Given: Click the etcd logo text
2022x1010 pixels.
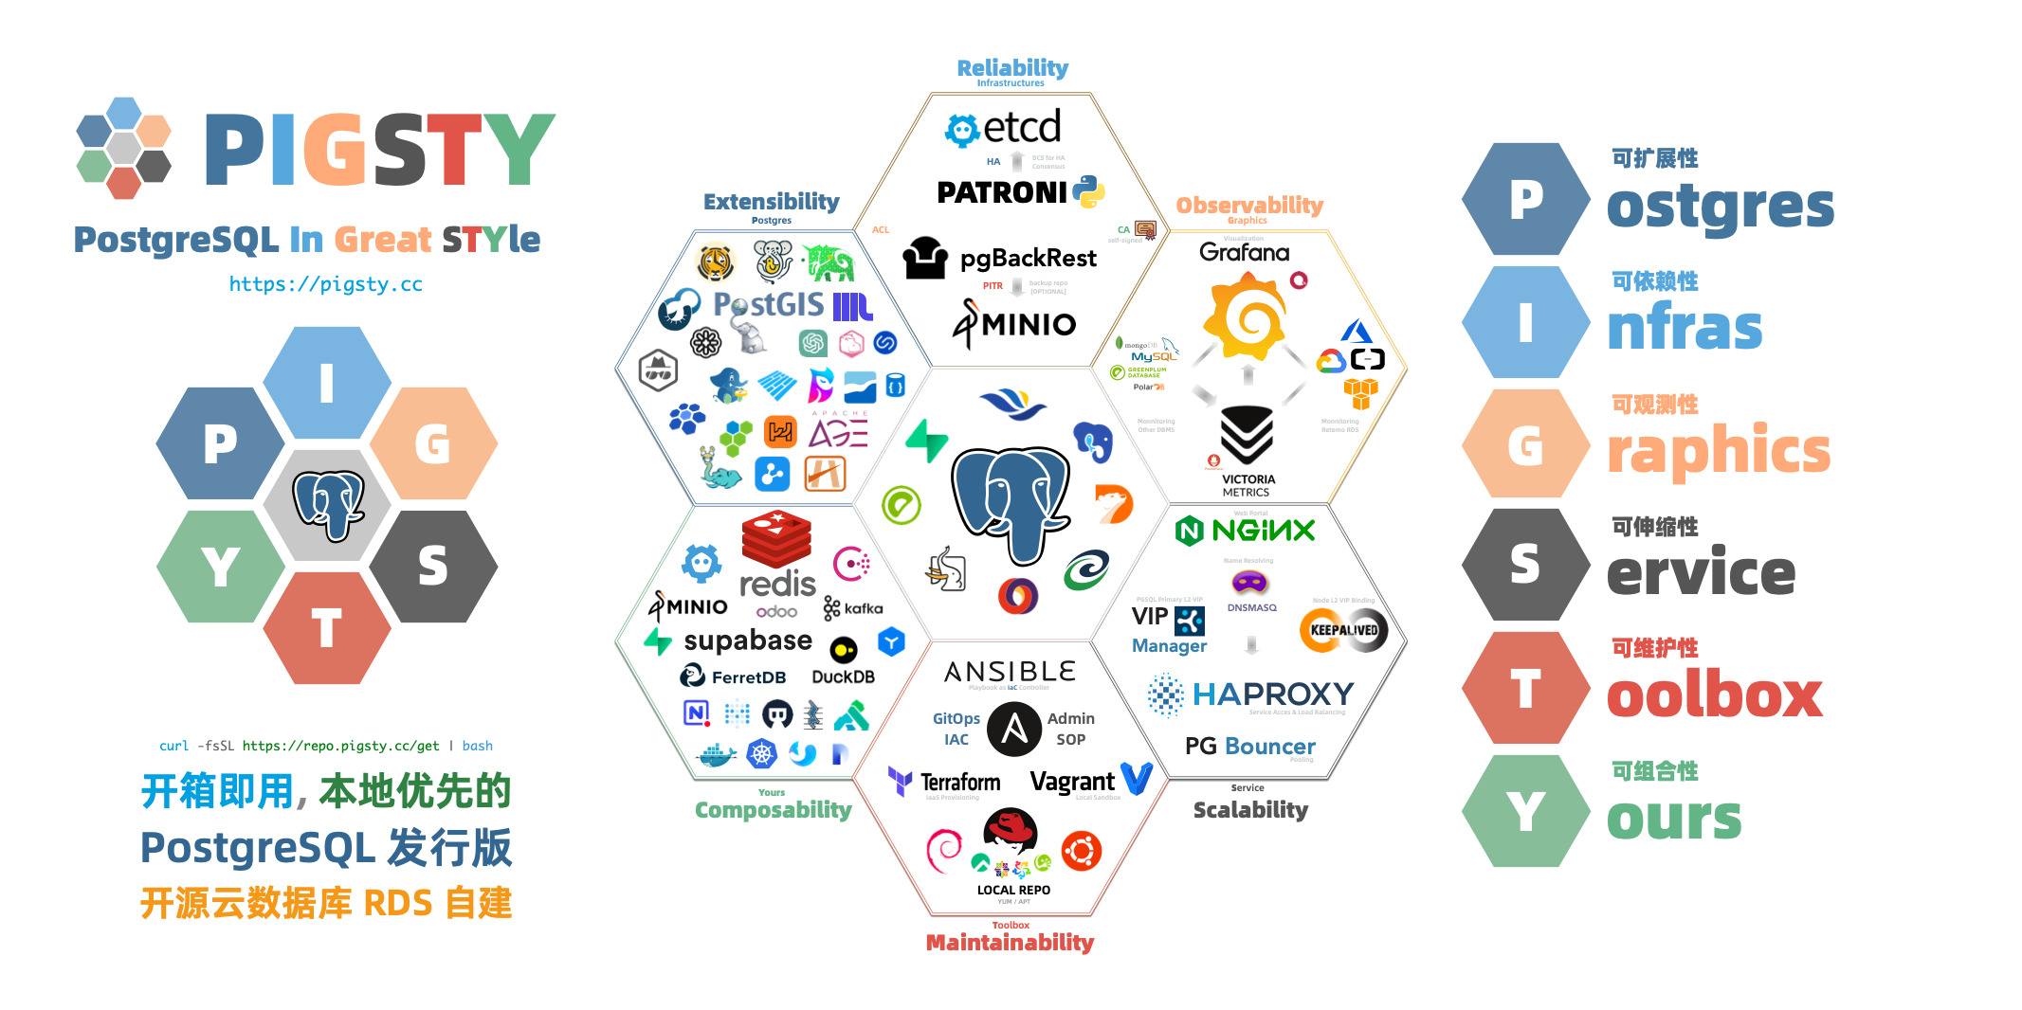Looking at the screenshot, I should pyautogui.click(x=1022, y=127).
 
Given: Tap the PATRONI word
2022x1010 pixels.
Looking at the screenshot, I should pyautogui.click(x=1001, y=193).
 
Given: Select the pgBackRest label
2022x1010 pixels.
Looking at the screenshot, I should pyautogui.click(x=1028, y=258).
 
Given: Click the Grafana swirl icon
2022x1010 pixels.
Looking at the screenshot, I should pyautogui.click(x=1246, y=316).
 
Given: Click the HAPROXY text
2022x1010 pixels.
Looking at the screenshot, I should pyautogui.click(x=1272, y=694).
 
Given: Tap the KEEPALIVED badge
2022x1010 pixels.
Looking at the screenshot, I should pyautogui.click(x=1343, y=631).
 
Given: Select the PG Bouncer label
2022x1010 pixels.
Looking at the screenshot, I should pyautogui.click(x=1249, y=747).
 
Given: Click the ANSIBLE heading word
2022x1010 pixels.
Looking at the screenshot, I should pyautogui.click(x=1011, y=672).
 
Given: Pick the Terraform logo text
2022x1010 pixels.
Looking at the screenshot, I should pyautogui.click(x=959, y=783).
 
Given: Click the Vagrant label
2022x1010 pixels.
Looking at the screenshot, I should pyautogui.click(x=1072, y=783).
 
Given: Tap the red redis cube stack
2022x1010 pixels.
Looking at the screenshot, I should pyautogui.click(x=776, y=538).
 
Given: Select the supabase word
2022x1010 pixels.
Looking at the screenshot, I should pyautogui.click(x=747, y=641).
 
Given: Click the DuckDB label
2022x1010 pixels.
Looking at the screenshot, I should pyautogui.click(x=843, y=677).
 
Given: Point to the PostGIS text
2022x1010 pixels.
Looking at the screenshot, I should pyautogui.click(x=768, y=305).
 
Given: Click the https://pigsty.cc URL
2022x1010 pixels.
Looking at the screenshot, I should pyautogui.click(x=325, y=284).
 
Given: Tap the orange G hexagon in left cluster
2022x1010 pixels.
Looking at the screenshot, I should pyautogui.click(x=433, y=443).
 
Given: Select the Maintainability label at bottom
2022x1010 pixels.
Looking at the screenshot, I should pyautogui.click(x=1010, y=943).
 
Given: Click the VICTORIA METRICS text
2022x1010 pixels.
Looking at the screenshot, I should pyautogui.click(x=1248, y=486).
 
